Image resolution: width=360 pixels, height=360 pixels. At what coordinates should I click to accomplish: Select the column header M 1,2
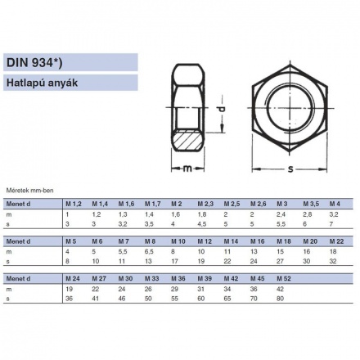tap(73, 203)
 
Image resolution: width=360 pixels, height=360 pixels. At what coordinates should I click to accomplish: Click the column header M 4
tap(334, 203)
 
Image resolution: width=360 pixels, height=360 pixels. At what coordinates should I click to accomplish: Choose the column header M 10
tap(178, 241)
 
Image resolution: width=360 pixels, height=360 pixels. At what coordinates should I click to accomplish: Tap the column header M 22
tap(335, 241)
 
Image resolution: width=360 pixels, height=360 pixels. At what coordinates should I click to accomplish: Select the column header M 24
tap(73, 279)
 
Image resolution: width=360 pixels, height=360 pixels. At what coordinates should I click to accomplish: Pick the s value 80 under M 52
tap(281, 299)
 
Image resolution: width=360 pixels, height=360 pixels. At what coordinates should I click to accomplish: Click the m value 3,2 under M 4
tap(332, 213)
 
